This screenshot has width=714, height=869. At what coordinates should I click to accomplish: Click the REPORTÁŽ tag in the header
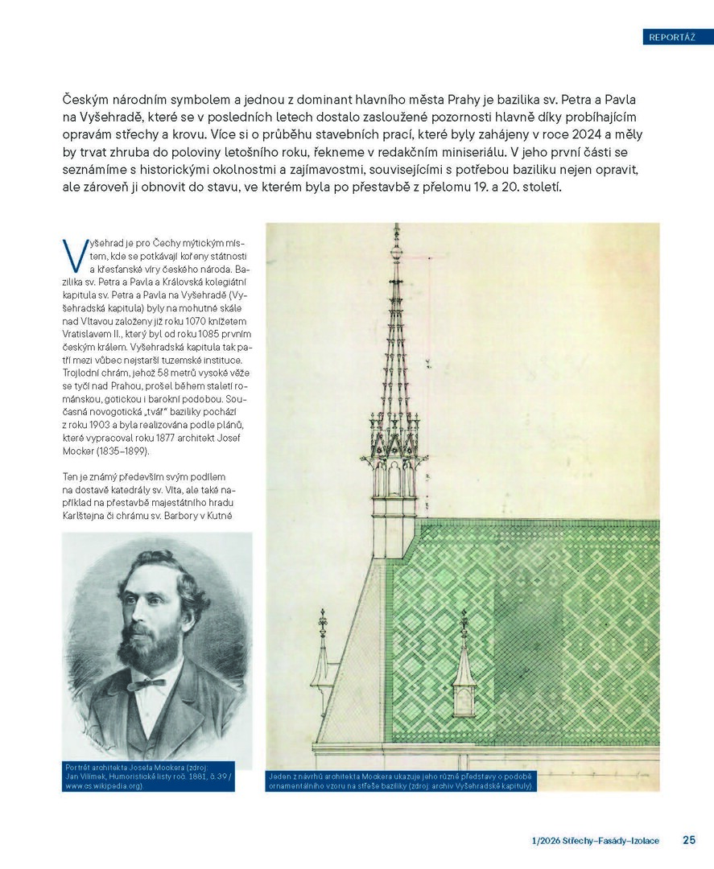pyautogui.click(x=672, y=36)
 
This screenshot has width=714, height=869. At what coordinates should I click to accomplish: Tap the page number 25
pyautogui.click(x=689, y=840)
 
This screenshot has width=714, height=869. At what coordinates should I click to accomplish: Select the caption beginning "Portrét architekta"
pyautogui.click(x=149, y=776)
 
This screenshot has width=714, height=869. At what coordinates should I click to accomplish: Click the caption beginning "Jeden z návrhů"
pyautogui.click(x=400, y=780)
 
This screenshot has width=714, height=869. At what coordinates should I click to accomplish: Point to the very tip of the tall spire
pyautogui.click(x=395, y=226)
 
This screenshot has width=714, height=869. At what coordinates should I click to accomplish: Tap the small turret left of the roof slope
pyautogui.click(x=322, y=652)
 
